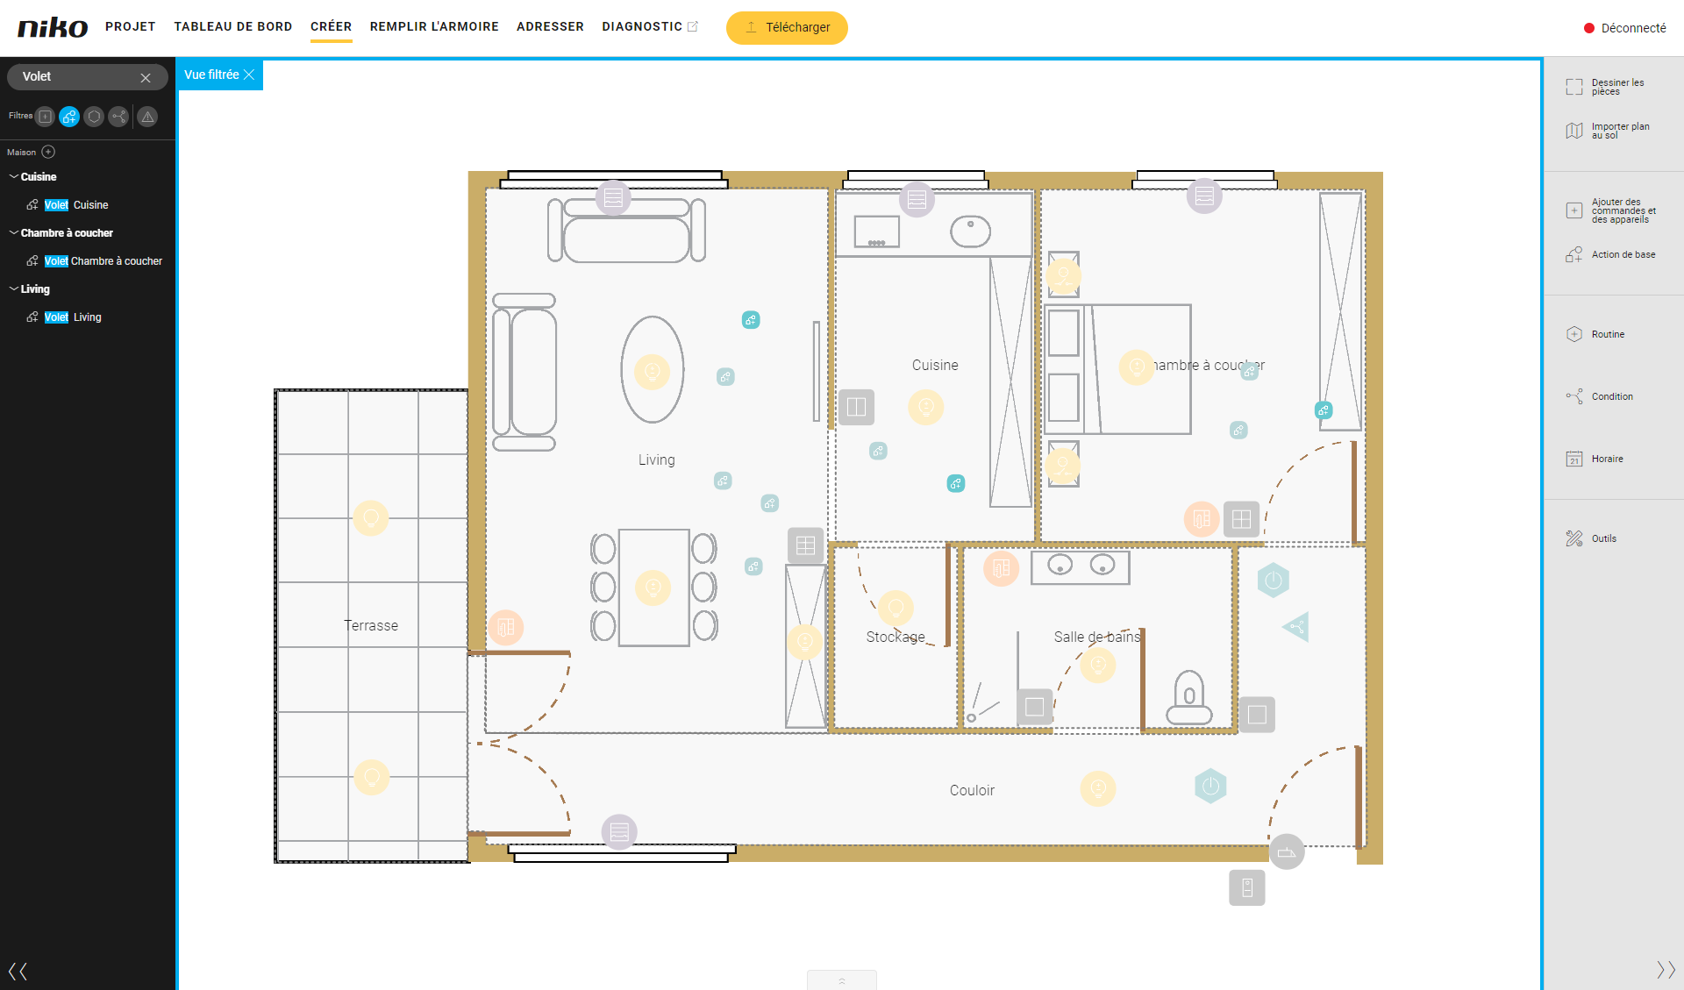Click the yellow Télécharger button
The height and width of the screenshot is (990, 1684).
click(x=787, y=27)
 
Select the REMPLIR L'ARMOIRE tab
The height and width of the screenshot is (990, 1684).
click(x=434, y=26)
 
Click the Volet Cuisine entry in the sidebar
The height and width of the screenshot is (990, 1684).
click(x=76, y=205)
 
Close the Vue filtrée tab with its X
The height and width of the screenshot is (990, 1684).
click(x=249, y=75)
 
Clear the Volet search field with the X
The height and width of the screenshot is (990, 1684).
click(x=146, y=78)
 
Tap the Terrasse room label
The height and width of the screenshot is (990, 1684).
click(x=371, y=625)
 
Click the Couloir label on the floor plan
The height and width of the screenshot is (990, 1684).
click(x=972, y=790)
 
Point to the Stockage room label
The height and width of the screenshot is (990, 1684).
click(x=896, y=637)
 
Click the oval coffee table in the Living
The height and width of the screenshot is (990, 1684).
click(x=653, y=370)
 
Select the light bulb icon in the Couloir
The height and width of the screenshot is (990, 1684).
click(x=1098, y=788)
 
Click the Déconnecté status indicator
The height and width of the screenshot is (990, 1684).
click(x=1624, y=28)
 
